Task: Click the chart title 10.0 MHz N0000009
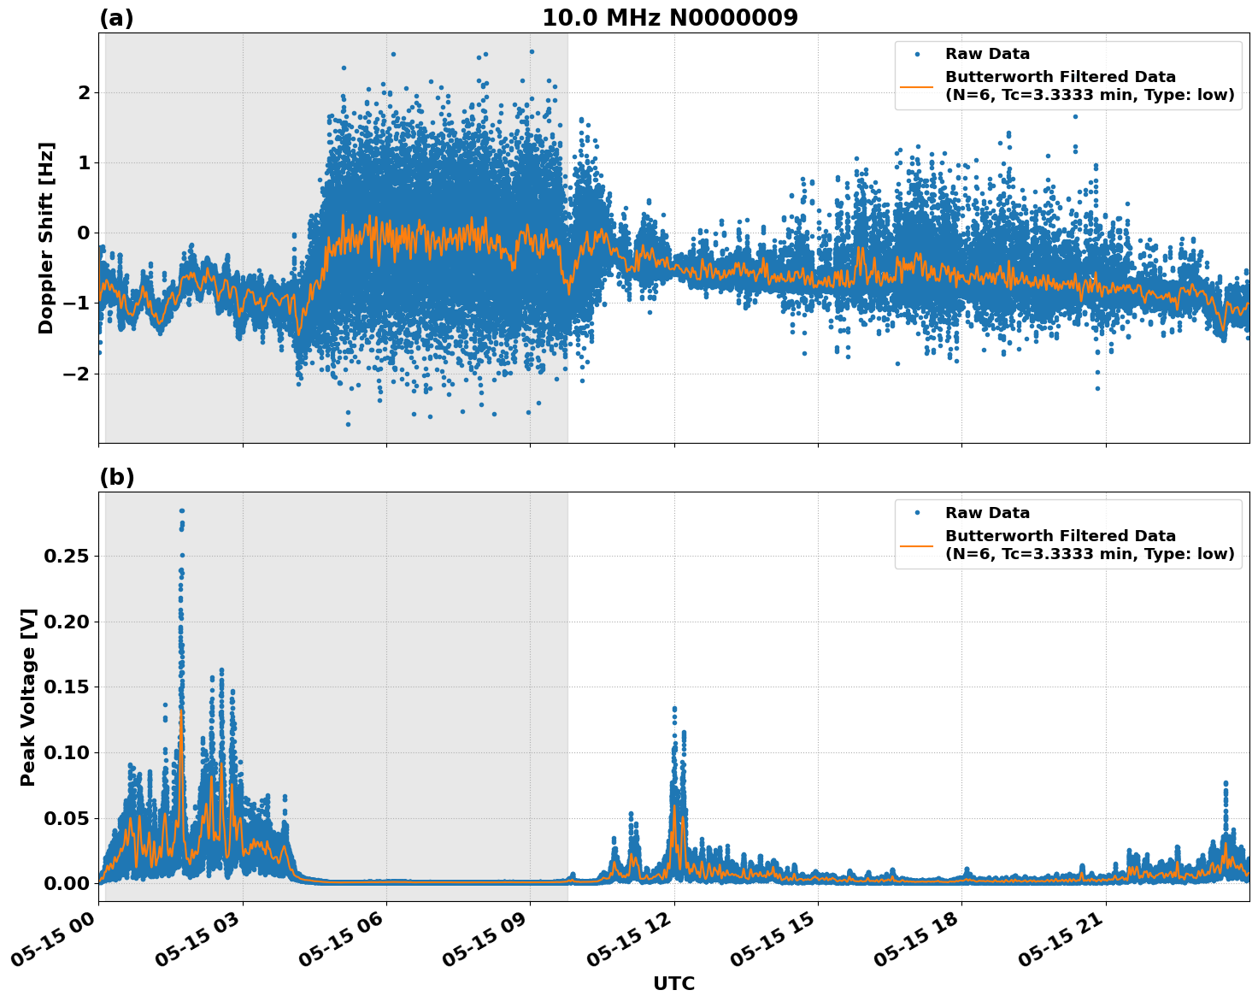click(x=669, y=18)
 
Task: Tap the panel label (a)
click(x=116, y=18)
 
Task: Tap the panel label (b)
click(x=116, y=477)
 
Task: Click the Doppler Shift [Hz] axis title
click(x=46, y=238)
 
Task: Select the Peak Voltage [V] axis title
click(x=28, y=697)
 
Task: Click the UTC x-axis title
click(x=673, y=983)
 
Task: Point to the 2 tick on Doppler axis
click(x=83, y=92)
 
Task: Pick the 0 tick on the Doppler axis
click(x=83, y=233)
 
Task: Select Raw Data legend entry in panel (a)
click(x=987, y=54)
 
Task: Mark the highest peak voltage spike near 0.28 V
click(x=181, y=511)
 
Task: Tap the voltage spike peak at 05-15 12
click(x=674, y=709)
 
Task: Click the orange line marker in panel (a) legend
click(x=917, y=85)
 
